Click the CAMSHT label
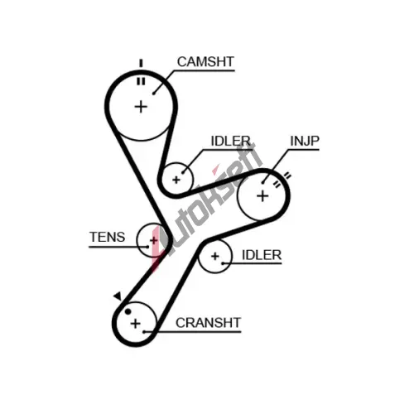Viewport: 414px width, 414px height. pyautogui.click(x=205, y=62)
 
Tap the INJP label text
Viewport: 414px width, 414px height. pyautogui.click(x=305, y=141)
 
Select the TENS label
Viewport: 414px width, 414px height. pyautogui.click(x=108, y=237)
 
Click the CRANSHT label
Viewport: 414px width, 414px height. pyautogui.click(x=208, y=323)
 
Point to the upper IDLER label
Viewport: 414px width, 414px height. pyautogui.click(x=231, y=141)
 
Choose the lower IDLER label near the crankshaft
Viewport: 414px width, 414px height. pyautogui.click(x=262, y=255)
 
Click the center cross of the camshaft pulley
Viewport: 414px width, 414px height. pyautogui.click(x=141, y=107)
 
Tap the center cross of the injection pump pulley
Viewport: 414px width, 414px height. pyautogui.click(x=262, y=196)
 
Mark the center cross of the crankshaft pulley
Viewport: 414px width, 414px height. pyautogui.click(x=135, y=324)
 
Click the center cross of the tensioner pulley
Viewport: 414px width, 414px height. pyautogui.click(x=154, y=240)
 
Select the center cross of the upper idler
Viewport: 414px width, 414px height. pyautogui.click(x=176, y=180)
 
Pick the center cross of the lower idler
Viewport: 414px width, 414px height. pyautogui.click(x=215, y=256)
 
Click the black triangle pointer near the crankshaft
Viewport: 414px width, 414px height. pyautogui.click(x=118, y=296)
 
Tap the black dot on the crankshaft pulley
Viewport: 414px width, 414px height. pyautogui.click(x=128, y=311)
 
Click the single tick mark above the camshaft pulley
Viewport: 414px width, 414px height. pyautogui.click(x=141, y=63)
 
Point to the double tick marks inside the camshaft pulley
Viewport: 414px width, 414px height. pyautogui.click(x=141, y=82)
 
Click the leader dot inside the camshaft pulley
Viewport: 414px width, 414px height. pyautogui.click(x=154, y=94)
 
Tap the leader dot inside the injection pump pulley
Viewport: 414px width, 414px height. pyautogui.click(x=263, y=182)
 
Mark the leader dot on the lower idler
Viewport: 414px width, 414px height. pyautogui.click(x=223, y=263)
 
